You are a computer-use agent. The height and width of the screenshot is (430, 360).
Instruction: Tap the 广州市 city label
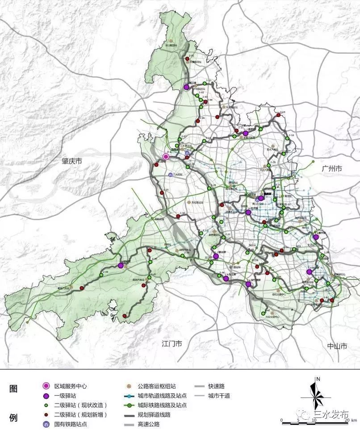coord(331,169)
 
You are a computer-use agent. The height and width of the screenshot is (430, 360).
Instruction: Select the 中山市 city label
coord(337,346)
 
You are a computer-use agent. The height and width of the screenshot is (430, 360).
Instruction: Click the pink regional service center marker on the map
coord(166,157)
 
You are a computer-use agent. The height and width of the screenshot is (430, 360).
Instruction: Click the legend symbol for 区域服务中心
coord(46,386)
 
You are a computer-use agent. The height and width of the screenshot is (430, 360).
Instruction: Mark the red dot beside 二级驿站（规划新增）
coord(46,414)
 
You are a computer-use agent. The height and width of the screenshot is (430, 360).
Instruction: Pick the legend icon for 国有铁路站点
coord(46,424)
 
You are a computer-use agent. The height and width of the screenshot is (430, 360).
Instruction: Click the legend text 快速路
coord(217,386)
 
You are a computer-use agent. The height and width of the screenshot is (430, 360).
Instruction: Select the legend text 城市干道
coord(220,396)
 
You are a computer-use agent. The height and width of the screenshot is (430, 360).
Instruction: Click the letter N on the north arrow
coord(318,379)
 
